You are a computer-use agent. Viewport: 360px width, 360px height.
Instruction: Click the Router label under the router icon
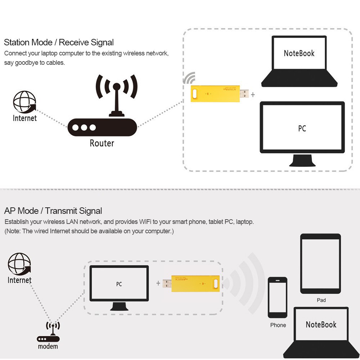coord(102,143)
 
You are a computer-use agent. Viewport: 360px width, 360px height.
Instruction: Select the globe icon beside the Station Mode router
coord(24,102)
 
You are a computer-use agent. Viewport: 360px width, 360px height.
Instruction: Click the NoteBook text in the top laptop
coord(299,53)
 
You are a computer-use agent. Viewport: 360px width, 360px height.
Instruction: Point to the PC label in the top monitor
coord(302,129)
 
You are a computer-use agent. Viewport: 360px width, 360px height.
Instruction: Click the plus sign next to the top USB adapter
coord(253,94)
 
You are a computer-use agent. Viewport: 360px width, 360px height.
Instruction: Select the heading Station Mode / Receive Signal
coord(59,42)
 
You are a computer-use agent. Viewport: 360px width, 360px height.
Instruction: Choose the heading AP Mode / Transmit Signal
coord(53,211)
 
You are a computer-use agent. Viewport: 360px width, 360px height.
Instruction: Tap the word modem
coord(48,347)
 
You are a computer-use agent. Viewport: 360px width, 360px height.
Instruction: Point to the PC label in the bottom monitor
coord(119,284)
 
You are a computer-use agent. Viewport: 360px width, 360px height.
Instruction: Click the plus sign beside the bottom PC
coord(158,283)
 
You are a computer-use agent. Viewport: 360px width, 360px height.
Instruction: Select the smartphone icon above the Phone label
coord(278,297)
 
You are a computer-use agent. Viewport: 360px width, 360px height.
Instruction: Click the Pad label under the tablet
coord(321,300)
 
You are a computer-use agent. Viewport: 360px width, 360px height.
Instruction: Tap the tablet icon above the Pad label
coord(320,264)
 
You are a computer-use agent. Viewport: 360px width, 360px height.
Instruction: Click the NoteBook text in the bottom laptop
coord(321,324)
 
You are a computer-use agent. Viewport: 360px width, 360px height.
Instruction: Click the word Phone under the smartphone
coord(278,325)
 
